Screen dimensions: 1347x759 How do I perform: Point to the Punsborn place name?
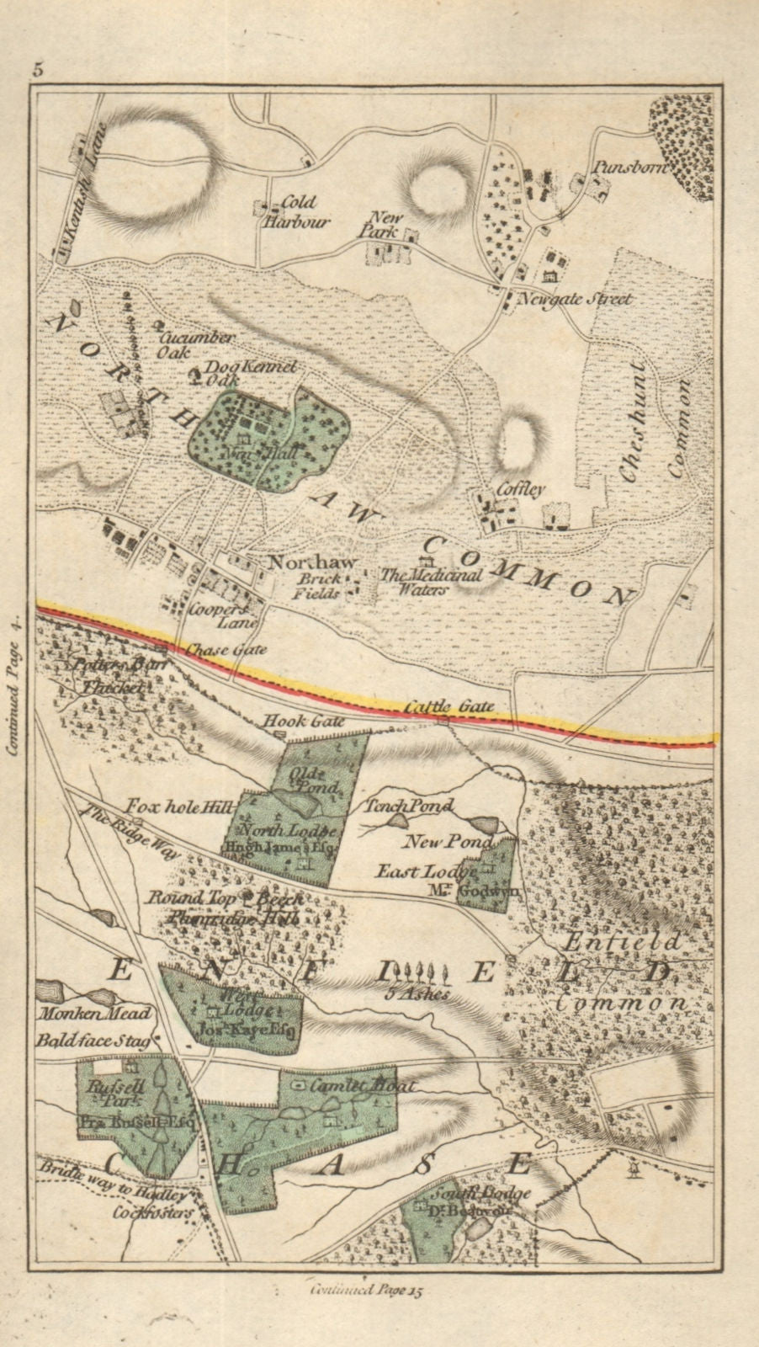pyautogui.click(x=629, y=168)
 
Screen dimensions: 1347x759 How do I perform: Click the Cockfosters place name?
pyautogui.click(x=155, y=1213)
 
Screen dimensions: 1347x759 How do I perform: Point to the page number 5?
pyautogui.click(x=38, y=71)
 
